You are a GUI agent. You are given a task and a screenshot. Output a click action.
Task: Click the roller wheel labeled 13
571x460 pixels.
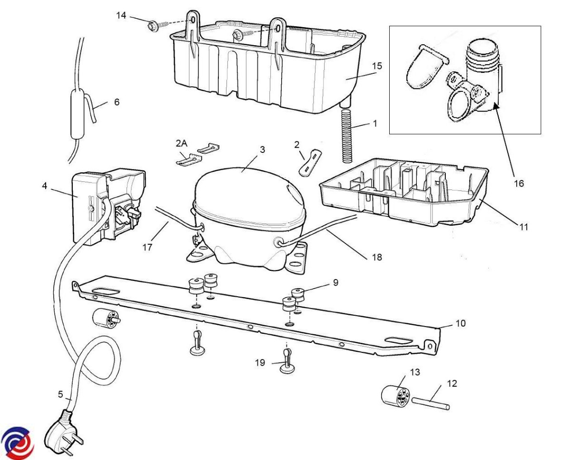[x=396, y=394]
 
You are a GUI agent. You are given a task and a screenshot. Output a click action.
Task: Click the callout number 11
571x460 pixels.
[x=523, y=227]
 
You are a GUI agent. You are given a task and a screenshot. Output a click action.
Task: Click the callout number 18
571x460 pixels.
[x=377, y=257]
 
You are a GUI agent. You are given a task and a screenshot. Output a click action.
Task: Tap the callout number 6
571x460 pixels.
[x=117, y=101]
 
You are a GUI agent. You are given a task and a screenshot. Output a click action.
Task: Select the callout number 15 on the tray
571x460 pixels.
[x=376, y=66]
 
